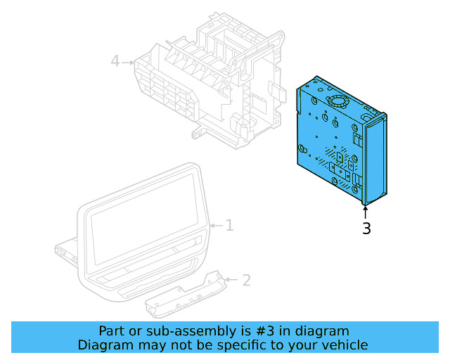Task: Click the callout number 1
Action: pyautogui.click(x=229, y=226)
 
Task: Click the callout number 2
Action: pyautogui.click(x=246, y=281)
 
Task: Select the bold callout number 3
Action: pyautogui.click(x=366, y=229)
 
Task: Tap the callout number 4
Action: pyautogui.click(x=115, y=62)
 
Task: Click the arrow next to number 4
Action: pyautogui.click(x=128, y=62)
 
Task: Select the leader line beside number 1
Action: pyautogui.click(x=217, y=226)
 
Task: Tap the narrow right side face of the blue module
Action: pyautogui.click(x=375, y=158)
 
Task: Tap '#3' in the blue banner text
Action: pyautogui.click(x=243, y=331)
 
